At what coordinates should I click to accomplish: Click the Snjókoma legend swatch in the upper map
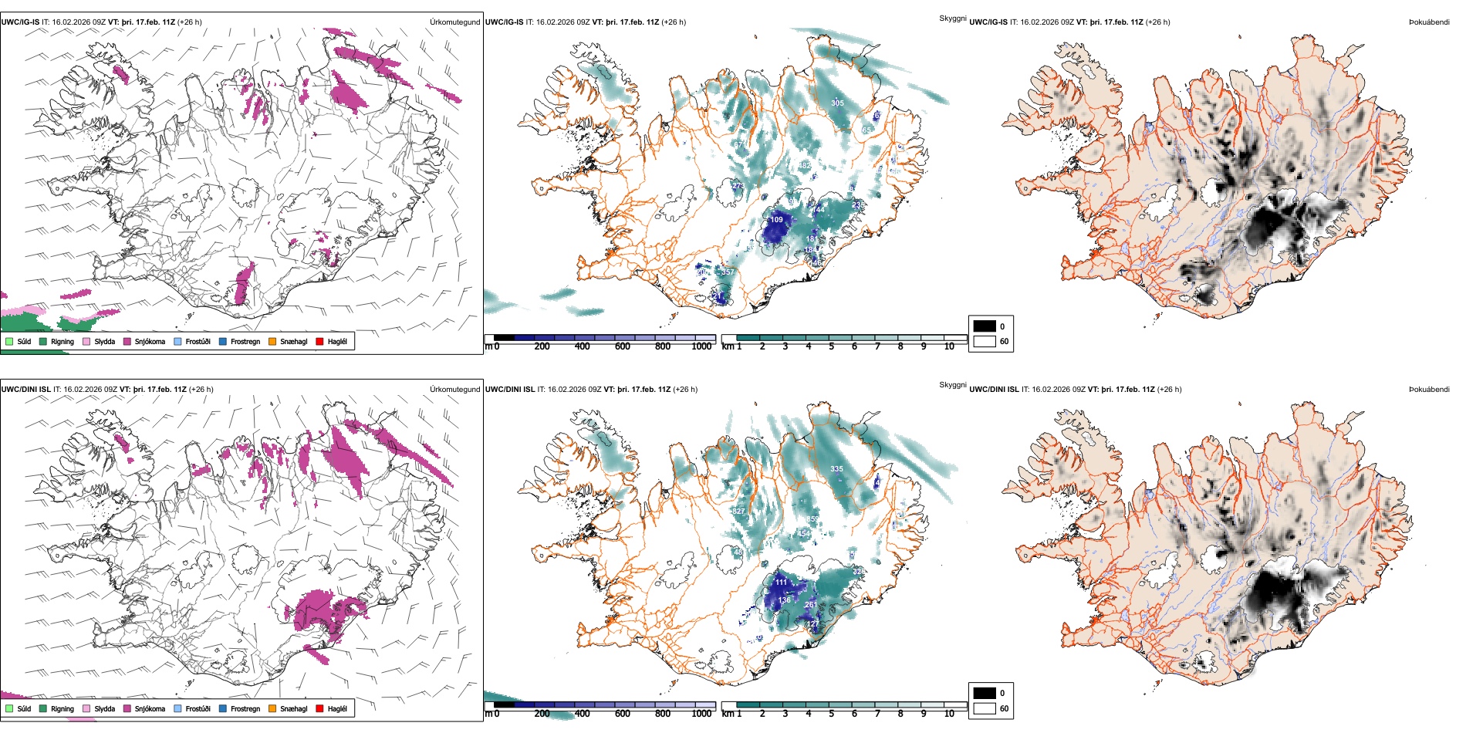127,341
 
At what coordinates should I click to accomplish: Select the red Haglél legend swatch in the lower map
320,708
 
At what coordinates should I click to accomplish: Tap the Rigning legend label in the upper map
62,341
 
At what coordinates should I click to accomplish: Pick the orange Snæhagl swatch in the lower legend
272,708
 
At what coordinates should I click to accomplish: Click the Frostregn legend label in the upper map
245,341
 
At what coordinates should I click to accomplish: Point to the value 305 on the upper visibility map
837,103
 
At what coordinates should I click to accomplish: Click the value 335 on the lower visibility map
836,469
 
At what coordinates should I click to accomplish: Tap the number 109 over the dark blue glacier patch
776,220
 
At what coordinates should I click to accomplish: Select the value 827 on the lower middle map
738,512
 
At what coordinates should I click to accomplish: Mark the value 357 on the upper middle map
728,272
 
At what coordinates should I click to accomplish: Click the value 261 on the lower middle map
810,605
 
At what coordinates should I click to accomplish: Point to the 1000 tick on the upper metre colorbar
701,346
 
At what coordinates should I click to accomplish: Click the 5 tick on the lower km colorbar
831,714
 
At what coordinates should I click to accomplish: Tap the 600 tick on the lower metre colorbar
622,714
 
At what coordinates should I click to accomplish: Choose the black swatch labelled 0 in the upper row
985,326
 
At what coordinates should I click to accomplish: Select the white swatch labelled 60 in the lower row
985,708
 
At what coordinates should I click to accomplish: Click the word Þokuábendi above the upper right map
1429,22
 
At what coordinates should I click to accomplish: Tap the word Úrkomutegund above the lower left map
454,390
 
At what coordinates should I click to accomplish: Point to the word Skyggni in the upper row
952,19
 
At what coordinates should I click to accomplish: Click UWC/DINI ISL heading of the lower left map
25,390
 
